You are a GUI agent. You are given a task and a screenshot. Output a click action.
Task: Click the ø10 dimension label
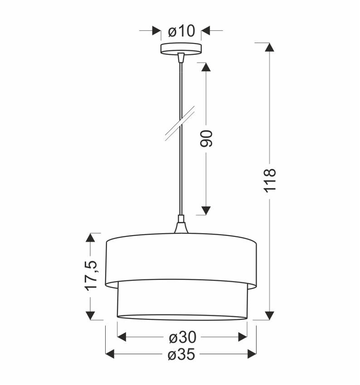[x=181, y=31]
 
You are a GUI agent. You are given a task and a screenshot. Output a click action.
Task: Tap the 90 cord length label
[x=206, y=138]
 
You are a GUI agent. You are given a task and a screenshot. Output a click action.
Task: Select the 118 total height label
[x=270, y=180]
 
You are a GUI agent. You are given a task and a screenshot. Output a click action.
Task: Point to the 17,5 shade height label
[x=91, y=276]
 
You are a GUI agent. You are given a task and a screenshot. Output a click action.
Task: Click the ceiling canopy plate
[x=181, y=48]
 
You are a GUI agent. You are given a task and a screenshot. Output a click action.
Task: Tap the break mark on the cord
[x=180, y=122]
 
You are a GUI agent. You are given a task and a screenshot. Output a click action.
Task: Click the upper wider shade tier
[x=181, y=260]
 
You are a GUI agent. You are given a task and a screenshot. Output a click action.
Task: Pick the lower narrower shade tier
[x=181, y=301]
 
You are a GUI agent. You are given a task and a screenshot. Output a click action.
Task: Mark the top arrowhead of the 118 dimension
[x=270, y=48]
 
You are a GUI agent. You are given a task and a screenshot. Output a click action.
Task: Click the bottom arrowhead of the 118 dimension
[x=270, y=315]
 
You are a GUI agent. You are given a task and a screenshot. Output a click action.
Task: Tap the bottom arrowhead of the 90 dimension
[x=206, y=210]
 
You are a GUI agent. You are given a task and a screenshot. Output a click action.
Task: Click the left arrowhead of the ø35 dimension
[x=110, y=354]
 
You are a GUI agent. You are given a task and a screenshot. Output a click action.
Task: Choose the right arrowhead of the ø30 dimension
[x=243, y=337]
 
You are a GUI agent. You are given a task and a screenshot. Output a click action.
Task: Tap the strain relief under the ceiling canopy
[x=181, y=58]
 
